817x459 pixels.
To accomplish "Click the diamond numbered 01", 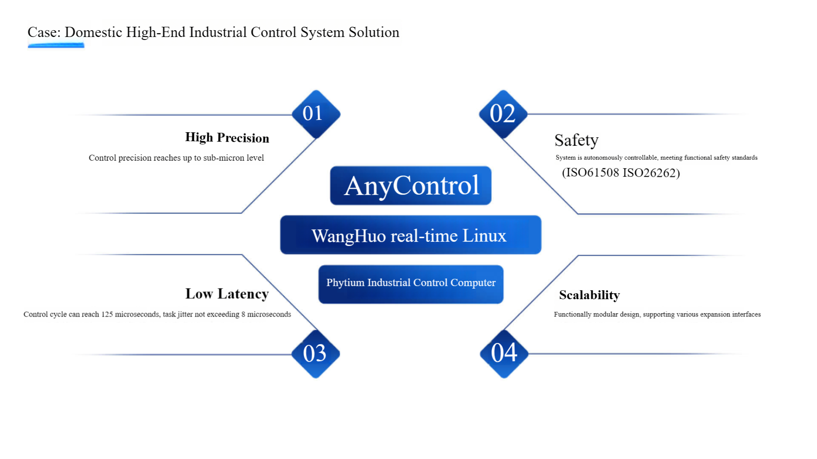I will click(316, 114).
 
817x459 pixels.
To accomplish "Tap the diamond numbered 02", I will click(503, 114).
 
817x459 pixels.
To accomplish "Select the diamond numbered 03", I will click(315, 354).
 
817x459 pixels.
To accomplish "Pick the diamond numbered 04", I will click(504, 353).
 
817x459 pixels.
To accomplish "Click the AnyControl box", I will click(411, 186).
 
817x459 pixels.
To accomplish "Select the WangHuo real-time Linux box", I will click(411, 235).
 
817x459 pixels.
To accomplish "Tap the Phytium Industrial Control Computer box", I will click(411, 284).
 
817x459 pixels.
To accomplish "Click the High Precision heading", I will click(227, 138).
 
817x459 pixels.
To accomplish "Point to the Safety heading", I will click(576, 140).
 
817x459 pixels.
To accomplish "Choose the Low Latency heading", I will click(227, 294).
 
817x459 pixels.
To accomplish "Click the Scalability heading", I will click(589, 295).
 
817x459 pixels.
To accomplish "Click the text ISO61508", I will click(592, 173).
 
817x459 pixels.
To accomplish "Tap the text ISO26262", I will click(649, 173).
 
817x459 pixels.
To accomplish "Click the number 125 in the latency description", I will click(107, 314).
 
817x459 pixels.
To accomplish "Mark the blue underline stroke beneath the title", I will click(56, 45).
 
